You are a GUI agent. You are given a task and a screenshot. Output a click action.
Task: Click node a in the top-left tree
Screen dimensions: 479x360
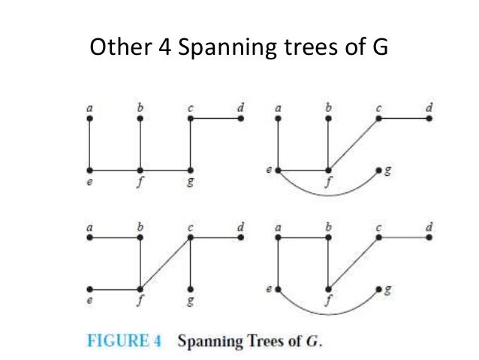click(x=89, y=118)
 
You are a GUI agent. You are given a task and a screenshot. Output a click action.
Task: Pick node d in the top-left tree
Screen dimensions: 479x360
click(x=240, y=118)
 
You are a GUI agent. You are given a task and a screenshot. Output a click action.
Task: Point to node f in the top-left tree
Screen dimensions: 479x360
click(x=140, y=170)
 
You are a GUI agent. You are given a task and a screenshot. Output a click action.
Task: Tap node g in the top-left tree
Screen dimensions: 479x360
click(x=191, y=170)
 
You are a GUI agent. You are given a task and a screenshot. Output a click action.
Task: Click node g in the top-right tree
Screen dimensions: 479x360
click(x=379, y=170)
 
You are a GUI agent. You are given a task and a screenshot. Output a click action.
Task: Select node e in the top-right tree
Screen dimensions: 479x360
click(x=278, y=170)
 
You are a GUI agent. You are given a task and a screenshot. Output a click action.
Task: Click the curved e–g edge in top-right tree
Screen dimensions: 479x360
click(x=328, y=195)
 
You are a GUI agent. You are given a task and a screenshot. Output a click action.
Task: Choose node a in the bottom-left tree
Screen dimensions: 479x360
click(x=89, y=237)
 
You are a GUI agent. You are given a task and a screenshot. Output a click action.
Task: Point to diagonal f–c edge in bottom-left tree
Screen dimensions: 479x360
click(x=165, y=263)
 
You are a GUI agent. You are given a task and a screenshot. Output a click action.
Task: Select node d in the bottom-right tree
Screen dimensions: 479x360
click(x=429, y=237)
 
